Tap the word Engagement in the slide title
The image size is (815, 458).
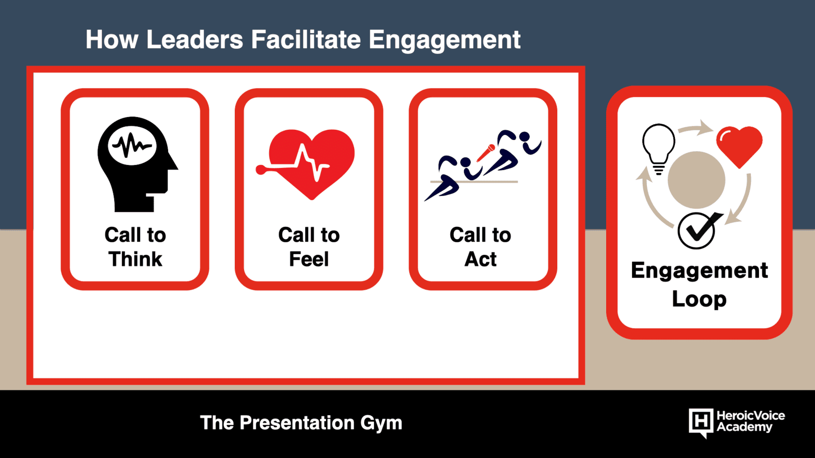[445, 41]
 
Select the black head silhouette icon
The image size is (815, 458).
[138, 164]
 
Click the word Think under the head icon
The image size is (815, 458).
[135, 259]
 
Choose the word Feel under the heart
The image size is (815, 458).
[309, 259]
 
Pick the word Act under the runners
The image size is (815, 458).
[480, 259]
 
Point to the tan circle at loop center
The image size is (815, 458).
[696, 180]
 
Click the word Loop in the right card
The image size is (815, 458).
[699, 300]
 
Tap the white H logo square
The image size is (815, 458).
[701, 422]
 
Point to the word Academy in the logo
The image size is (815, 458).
[744, 427]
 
